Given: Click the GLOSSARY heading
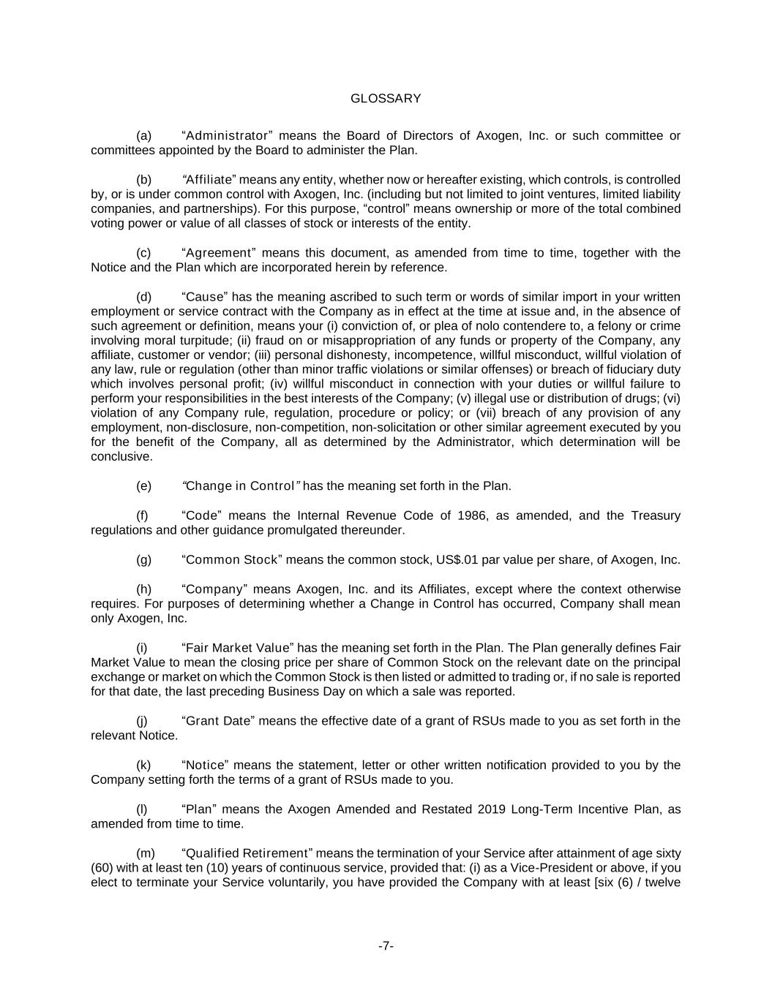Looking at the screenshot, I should pyautogui.click(x=386, y=99).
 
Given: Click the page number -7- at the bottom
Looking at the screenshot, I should pyautogui.click(x=386, y=946).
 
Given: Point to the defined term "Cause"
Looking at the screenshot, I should pyautogui.click(x=206, y=297).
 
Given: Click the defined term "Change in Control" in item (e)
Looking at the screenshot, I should pyautogui.click(x=241, y=486).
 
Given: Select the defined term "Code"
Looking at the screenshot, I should pyautogui.click(x=203, y=516).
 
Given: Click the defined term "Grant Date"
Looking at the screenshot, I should pyautogui.click(x=217, y=721).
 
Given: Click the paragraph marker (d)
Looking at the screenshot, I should pyautogui.click(x=144, y=297).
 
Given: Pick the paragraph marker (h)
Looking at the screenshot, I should pyautogui.click(x=144, y=589).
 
